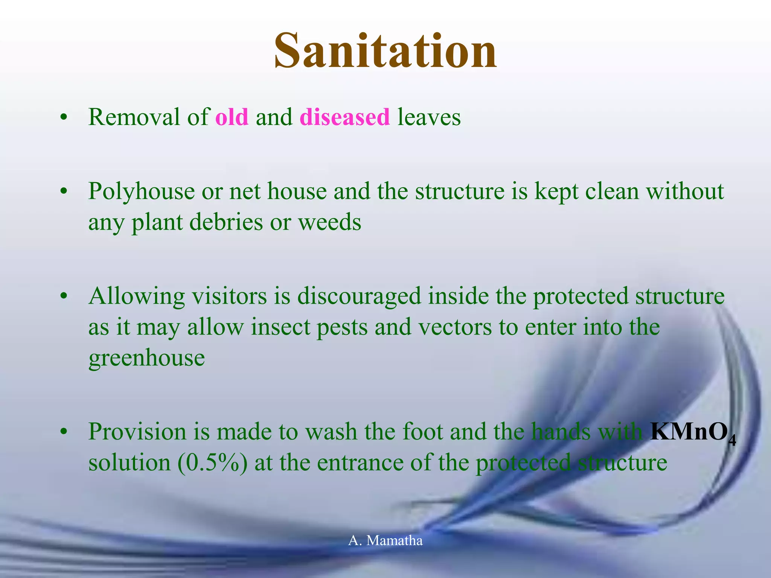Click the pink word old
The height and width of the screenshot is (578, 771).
pyautogui.click(x=232, y=117)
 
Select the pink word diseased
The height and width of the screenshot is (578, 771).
pyautogui.click(x=344, y=117)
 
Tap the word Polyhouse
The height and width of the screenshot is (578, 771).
pyautogui.click(x=141, y=192)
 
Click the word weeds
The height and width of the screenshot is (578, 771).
pyautogui.click(x=330, y=222)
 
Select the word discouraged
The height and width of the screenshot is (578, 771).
pyautogui.click(x=359, y=297)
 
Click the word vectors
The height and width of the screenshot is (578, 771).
pyautogui.click(x=455, y=327)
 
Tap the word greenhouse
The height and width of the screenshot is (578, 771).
pyautogui.click(x=146, y=358)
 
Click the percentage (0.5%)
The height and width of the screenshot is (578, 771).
pyautogui.click(x=212, y=462)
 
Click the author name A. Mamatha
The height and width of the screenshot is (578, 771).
pyautogui.click(x=385, y=540)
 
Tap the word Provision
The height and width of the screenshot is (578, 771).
pyautogui.click(x=137, y=432)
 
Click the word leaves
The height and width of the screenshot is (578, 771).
pyautogui.click(x=429, y=117)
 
